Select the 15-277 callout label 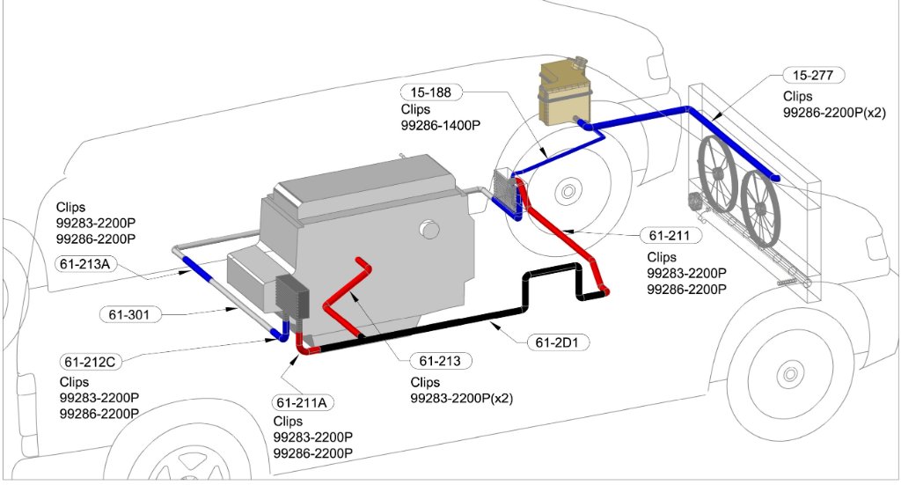tap(813, 76)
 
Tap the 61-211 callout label tap(670, 235)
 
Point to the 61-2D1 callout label tap(558, 341)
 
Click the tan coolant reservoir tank tap(564, 92)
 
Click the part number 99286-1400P tap(443, 126)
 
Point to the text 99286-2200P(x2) tap(833, 112)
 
